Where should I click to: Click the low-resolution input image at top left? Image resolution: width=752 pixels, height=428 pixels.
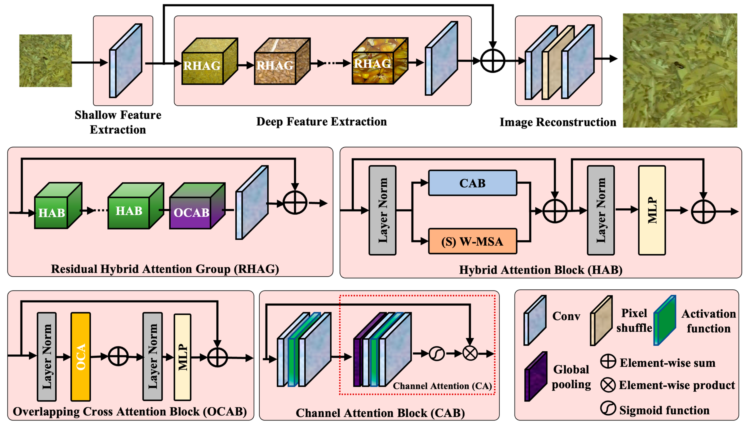tap(46, 61)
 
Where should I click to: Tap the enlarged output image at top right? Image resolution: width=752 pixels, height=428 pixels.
tap(680, 70)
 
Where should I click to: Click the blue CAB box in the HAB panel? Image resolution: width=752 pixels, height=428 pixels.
tap(472, 183)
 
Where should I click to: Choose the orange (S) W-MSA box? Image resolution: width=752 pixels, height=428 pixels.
tap(472, 241)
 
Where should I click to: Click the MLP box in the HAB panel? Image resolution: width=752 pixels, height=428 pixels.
tap(652, 210)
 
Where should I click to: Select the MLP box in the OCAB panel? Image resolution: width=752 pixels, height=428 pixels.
tap(183, 357)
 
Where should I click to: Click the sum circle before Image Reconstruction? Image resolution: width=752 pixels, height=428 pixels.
tap(493, 61)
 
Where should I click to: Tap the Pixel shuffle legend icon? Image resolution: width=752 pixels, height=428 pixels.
tap(601, 320)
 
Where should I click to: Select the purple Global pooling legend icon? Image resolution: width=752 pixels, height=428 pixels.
tap(536, 376)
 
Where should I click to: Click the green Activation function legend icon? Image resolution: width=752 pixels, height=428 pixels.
tap(665, 320)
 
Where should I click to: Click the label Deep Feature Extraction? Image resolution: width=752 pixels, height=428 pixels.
tap(321, 121)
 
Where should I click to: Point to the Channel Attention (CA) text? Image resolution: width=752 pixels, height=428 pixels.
tap(442, 386)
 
